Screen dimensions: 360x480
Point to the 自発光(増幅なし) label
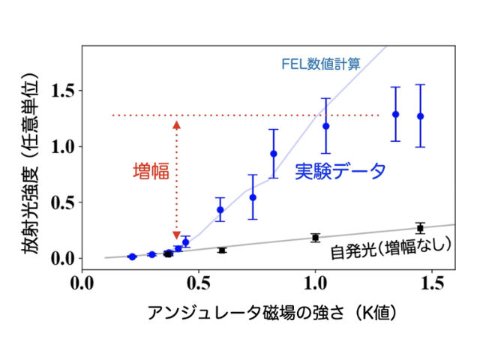point(390,247)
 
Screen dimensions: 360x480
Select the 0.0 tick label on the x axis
point(82,286)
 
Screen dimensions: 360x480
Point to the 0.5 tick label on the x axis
point(199,286)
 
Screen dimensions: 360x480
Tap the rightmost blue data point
point(421,116)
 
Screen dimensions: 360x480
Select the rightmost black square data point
point(420,228)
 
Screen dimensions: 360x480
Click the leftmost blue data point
point(132,256)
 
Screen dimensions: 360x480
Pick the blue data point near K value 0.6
point(220,210)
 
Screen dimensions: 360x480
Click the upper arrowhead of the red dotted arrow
point(177,124)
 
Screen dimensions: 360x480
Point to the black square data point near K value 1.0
point(316,238)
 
